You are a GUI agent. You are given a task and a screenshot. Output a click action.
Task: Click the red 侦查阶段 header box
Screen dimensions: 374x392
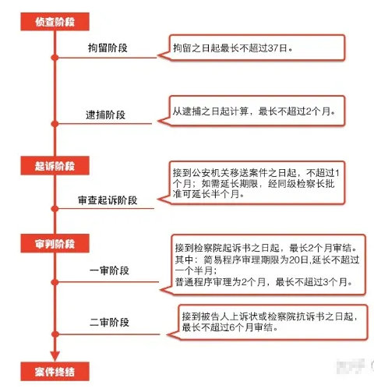[x=55, y=22]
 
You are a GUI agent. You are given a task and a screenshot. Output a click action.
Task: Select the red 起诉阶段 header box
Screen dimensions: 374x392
[x=55, y=165]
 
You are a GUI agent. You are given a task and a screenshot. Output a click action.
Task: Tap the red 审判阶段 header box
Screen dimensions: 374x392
[x=55, y=243]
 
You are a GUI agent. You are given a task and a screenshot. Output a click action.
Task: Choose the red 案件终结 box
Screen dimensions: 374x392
[x=55, y=372]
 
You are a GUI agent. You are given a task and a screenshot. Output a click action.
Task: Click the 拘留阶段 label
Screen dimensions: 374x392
[x=108, y=48]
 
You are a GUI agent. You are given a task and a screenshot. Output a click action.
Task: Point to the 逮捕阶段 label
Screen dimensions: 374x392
[x=105, y=115]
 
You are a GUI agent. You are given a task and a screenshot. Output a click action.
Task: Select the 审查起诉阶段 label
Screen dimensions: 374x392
[x=108, y=200]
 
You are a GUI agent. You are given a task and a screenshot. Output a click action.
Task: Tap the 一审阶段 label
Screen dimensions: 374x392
[x=109, y=270]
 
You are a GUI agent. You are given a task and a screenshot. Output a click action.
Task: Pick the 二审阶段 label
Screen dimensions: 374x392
[x=109, y=323]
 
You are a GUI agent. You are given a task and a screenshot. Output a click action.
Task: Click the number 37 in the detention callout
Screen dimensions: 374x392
[x=273, y=48]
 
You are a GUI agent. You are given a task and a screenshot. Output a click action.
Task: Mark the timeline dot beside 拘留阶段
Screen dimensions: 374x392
[x=55, y=58]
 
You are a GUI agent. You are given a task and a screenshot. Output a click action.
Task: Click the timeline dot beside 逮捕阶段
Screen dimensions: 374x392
[x=55, y=124]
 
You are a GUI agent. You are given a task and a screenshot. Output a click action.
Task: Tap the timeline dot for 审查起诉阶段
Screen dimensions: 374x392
[x=55, y=208]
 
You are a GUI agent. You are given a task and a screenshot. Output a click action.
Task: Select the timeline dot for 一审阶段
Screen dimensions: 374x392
[x=55, y=282]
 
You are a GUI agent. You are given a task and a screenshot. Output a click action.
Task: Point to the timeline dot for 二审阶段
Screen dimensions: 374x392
[x=55, y=334]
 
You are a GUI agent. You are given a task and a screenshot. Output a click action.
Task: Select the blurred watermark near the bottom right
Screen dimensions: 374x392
[x=350, y=366]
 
